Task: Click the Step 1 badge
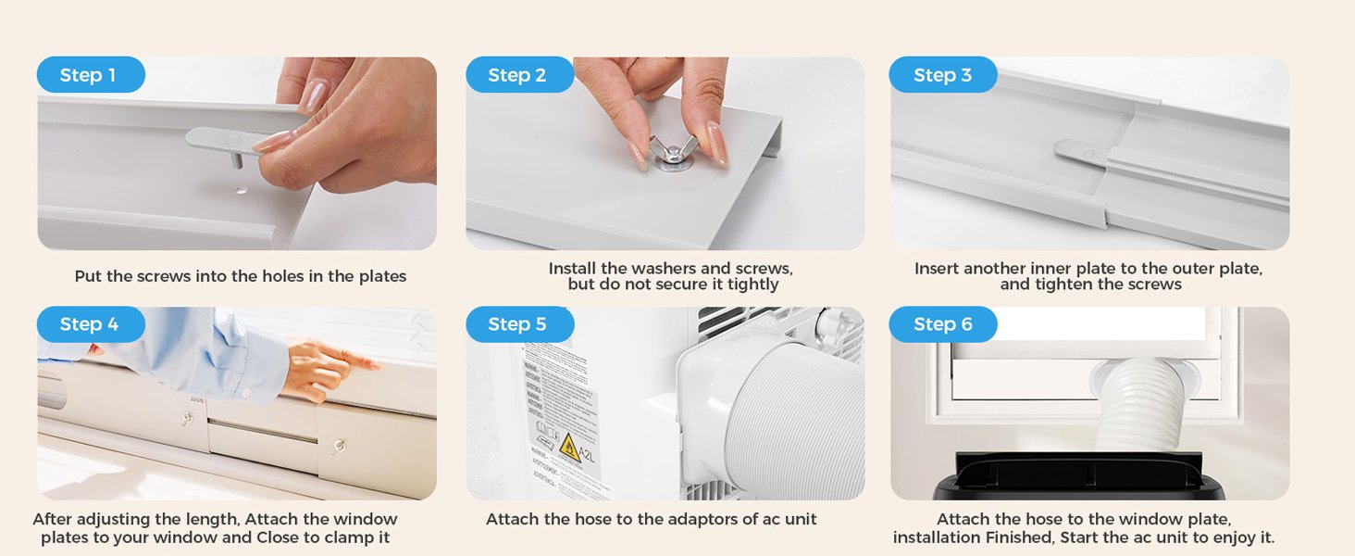tap(90, 75)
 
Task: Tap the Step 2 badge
tap(518, 75)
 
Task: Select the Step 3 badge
tap(942, 75)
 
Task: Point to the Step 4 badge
tap(90, 324)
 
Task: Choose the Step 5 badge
tap(518, 324)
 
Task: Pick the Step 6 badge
tap(942, 324)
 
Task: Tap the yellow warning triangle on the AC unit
tap(569, 448)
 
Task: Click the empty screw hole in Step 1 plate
tap(242, 191)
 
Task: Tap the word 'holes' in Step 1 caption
tap(268, 276)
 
